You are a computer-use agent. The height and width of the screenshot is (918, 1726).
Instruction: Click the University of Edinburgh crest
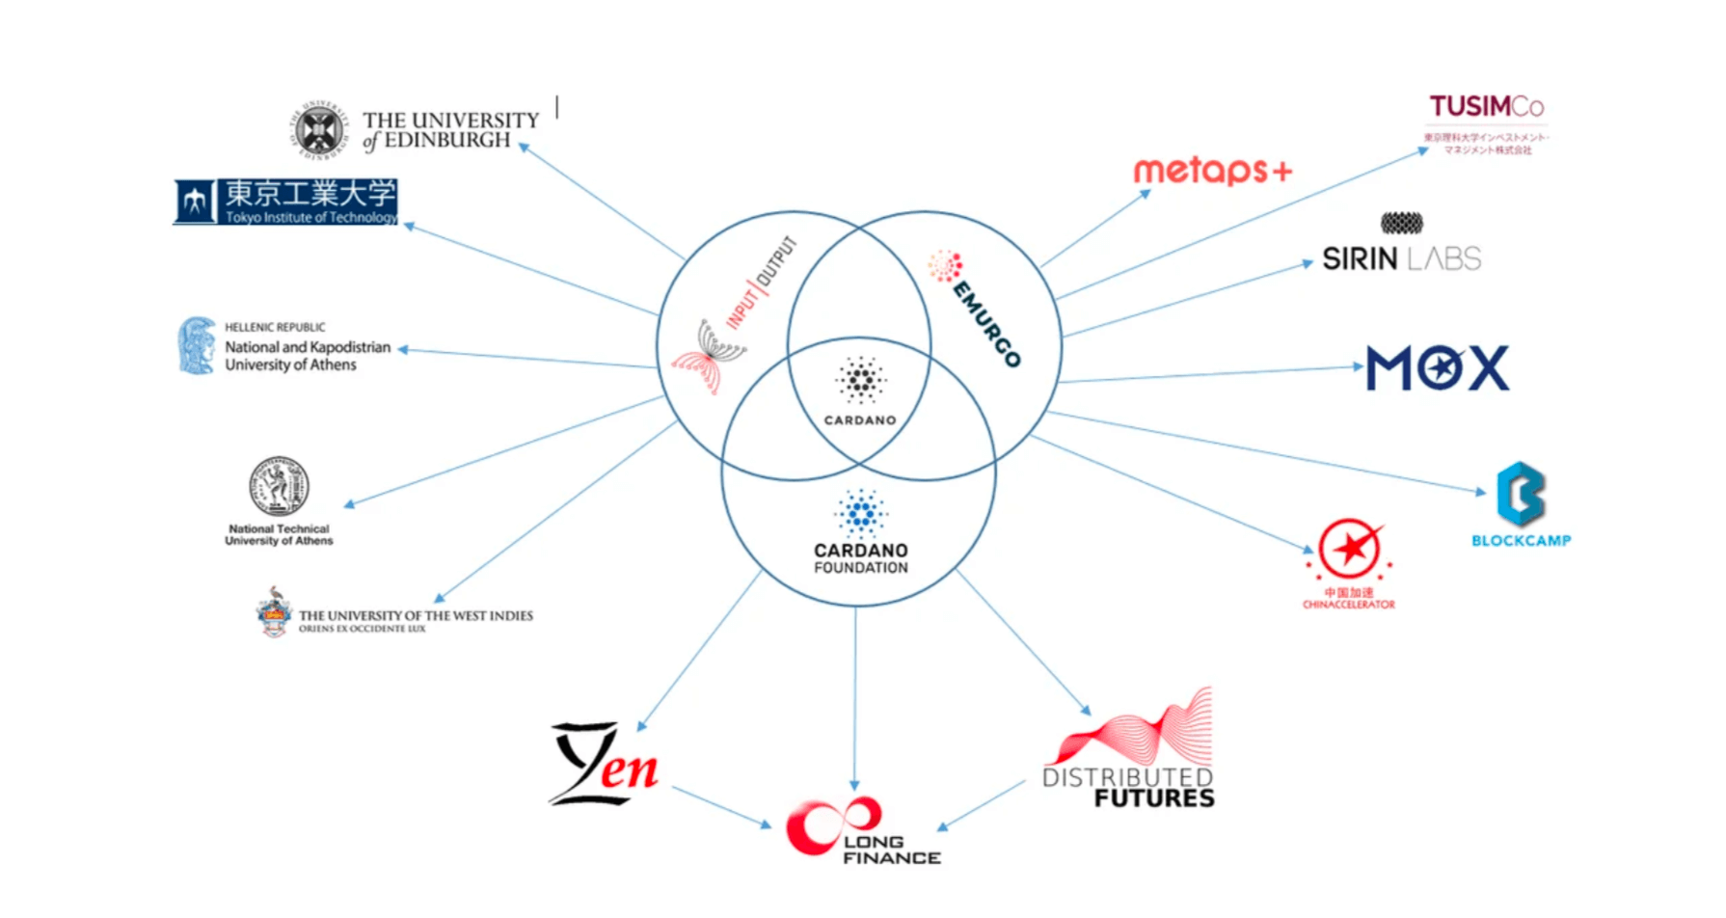pyautogui.click(x=319, y=130)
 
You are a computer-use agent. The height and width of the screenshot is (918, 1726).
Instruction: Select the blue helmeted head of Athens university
pyautogui.click(x=197, y=345)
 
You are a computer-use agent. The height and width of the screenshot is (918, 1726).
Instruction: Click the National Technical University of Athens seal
pyautogui.click(x=279, y=486)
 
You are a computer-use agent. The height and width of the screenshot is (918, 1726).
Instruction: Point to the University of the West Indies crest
pyautogui.click(x=274, y=613)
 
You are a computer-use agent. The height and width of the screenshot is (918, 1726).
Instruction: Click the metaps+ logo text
pyautogui.click(x=1211, y=171)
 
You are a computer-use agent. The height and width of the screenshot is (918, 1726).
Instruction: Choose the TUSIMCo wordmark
pyautogui.click(x=1486, y=106)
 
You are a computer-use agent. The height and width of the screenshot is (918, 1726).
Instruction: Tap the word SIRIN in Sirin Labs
pyautogui.click(x=1360, y=258)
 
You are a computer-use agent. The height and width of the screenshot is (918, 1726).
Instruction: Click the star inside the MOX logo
pyautogui.click(x=1438, y=367)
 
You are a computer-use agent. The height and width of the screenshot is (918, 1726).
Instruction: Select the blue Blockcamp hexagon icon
pyautogui.click(x=1521, y=495)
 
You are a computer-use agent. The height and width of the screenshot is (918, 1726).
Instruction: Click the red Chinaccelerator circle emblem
pyautogui.click(x=1350, y=550)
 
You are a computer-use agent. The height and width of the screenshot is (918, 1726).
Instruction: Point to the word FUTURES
pyautogui.click(x=1154, y=798)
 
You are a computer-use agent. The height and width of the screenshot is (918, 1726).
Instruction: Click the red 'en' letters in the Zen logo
pyautogui.click(x=629, y=769)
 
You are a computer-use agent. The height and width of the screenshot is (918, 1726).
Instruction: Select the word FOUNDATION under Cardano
pyautogui.click(x=860, y=568)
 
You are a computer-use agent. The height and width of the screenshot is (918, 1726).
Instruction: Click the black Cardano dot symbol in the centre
pyautogui.click(x=860, y=380)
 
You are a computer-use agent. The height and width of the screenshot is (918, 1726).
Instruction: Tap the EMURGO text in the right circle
pyautogui.click(x=985, y=323)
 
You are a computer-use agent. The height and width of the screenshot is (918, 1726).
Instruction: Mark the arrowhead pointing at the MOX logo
pyautogui.click(x=1358, y=366)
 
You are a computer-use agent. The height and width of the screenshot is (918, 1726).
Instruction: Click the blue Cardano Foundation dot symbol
pyautogui.click(x=860, y=512)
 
